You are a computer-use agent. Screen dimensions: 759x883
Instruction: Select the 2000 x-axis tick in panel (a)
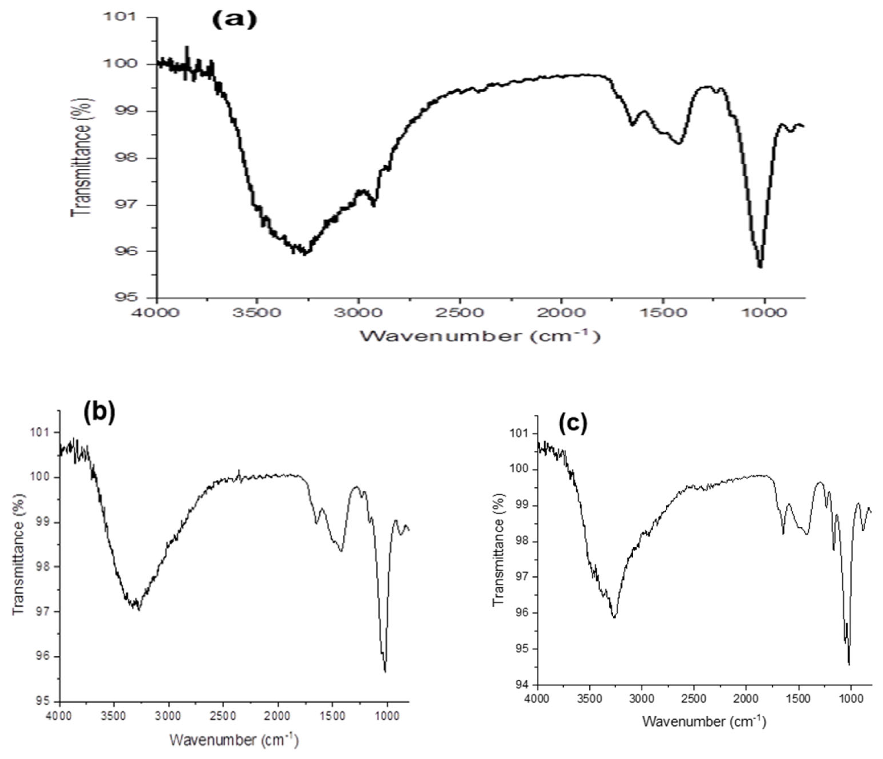pyautogui.click(x=561, y=313)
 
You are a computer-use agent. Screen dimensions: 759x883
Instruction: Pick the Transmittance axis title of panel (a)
pyautogui.click(x=81, y=158)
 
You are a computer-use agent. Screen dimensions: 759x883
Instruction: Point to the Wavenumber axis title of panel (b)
pyautogui.click(x=234, y=740)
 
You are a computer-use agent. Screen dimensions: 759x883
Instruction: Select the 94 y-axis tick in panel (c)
pyautogui.click(x=519, y=684)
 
